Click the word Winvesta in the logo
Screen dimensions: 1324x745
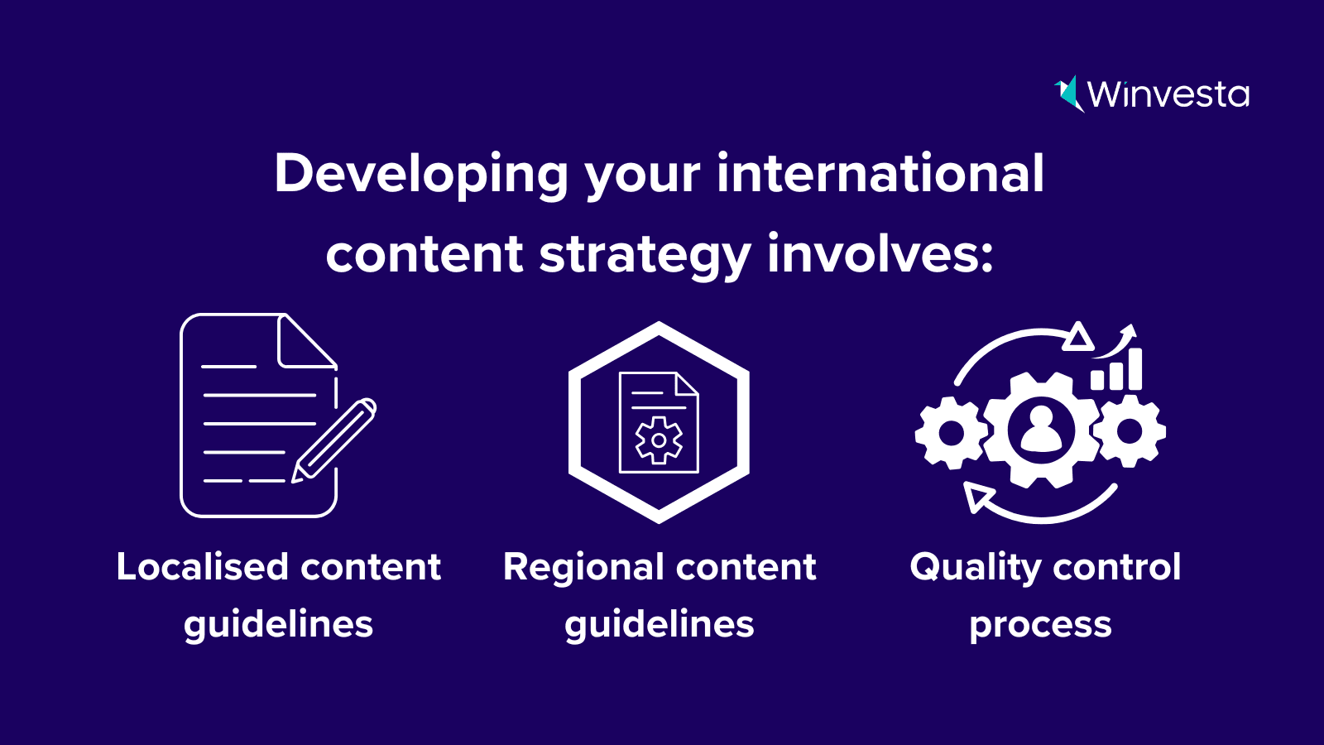[x=1168, y=94]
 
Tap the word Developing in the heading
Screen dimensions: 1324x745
[x=421, y=175]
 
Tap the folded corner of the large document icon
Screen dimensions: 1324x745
[x=307, y=341]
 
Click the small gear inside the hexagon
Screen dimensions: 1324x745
[x=659, y=440]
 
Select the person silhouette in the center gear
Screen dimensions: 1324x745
[x=1041, y=430]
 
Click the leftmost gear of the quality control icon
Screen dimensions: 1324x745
[x=951, y=433]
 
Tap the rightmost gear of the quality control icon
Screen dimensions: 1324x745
[x=1130, y=431]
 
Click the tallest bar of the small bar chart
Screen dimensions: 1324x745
[x=1135, y=369]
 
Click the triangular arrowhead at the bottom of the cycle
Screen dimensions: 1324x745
[x=976, y=497]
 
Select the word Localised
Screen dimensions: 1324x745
[x=202, y=566]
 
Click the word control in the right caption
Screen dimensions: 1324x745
[x=1116, y=566]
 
